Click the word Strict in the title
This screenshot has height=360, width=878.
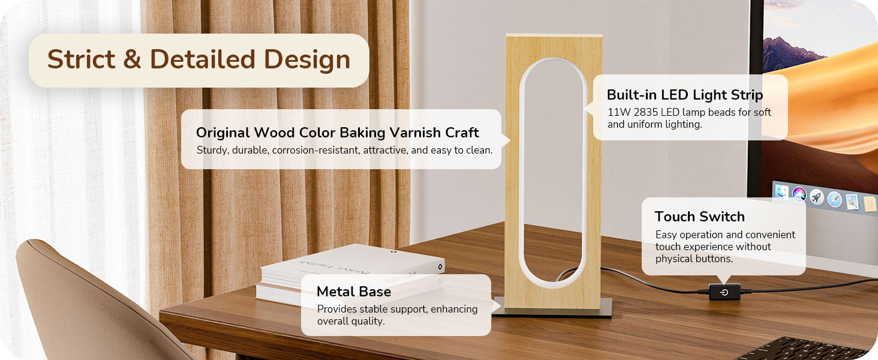(81, 59)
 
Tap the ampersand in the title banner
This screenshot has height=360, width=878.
(132, 59)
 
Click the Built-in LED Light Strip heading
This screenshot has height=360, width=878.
(685, 95)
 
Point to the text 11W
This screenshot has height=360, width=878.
(619, 112)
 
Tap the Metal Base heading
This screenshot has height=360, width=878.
(354, 292)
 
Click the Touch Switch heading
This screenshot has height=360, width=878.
(700, 217)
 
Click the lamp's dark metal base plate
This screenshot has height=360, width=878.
(553, 308)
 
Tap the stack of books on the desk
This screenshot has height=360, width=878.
(350, 275)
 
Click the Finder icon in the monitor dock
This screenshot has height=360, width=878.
(781, 192)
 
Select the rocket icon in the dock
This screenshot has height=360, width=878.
(816, 197)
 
